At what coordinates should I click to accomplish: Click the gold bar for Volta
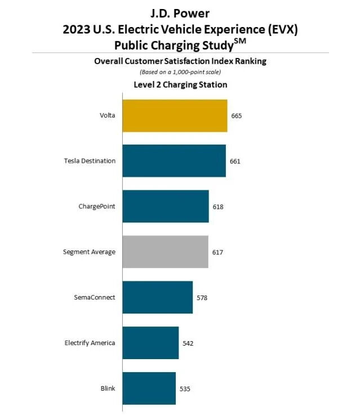[175, 115]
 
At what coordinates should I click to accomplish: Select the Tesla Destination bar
[174, 161]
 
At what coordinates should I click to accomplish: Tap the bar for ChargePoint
[165, 206]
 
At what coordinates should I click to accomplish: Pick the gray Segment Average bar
[165, 252]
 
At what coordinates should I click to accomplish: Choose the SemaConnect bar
[157, 297]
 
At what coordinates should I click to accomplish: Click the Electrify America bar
[150, 343]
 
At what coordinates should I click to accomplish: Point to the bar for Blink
[149, 388]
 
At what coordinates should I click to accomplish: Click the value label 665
[236, 116]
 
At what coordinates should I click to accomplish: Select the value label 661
[235, 162]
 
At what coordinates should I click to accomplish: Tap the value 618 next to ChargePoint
[218, 207]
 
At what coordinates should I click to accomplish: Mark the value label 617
[217, 252]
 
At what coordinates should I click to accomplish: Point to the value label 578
[202, 298]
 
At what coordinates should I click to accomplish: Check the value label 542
[188, 343]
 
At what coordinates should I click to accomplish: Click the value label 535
[185, 388]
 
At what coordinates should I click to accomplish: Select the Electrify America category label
[90, 343]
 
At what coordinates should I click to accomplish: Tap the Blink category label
[108, 388]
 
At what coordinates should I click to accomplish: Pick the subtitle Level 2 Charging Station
[180, 85]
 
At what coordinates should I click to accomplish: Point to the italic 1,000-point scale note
[180, 73]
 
